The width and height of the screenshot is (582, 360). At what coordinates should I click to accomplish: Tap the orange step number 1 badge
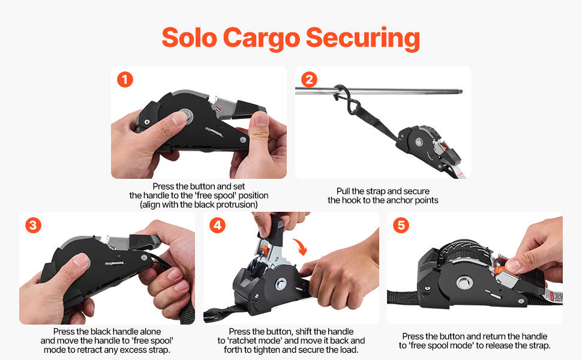point(125,79)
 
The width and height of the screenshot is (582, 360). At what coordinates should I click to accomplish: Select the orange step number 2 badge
point(309,79)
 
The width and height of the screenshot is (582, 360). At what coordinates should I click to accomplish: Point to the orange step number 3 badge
point(33,225)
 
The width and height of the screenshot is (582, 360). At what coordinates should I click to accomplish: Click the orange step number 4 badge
point(217,225)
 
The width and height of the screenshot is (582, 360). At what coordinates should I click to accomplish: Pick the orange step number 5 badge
point(401,225)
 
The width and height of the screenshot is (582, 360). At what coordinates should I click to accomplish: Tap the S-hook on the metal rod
point(346,100)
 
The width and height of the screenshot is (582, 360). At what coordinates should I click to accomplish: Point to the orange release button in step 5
point(500,269)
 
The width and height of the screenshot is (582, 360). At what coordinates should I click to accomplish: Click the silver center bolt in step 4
point(281,284)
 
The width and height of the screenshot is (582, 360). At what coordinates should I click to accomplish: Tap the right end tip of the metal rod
point(461,92)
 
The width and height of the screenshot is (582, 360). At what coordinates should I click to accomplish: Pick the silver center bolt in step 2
point(419,142)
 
